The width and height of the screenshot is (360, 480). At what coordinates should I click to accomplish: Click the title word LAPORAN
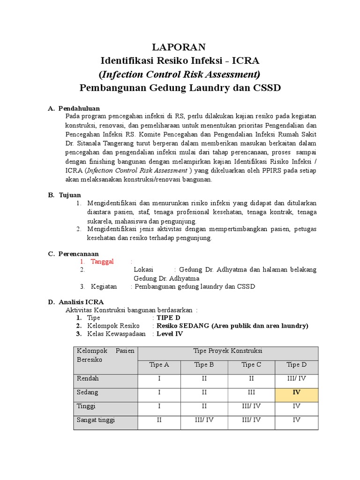[180, 47]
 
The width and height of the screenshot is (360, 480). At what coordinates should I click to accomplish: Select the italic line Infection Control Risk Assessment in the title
[180, 74]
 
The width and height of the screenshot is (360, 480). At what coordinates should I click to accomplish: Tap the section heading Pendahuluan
[79, 108]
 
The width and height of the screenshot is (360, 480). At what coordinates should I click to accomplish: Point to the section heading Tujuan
[69, 195]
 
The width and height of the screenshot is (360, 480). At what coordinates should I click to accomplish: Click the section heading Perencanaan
[78, 254]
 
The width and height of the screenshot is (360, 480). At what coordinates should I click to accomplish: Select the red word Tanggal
[102, 262]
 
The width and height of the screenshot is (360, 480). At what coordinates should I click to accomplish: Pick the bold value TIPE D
[168, 317]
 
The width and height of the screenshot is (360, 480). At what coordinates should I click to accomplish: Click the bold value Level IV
[170, 334]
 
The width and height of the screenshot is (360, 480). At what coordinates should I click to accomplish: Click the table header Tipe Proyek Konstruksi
[228, 351]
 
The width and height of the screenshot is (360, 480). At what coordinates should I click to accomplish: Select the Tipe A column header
[159, 365]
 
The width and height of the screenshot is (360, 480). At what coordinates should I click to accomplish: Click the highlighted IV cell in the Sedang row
[296, 392]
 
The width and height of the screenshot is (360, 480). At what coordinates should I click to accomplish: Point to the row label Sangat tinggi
[96, 420]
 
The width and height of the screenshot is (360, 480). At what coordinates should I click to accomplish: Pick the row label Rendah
[88, 378]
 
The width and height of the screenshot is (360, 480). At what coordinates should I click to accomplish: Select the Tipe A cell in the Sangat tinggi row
[159, 420]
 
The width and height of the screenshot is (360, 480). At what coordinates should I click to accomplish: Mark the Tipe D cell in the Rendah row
[296, 378]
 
